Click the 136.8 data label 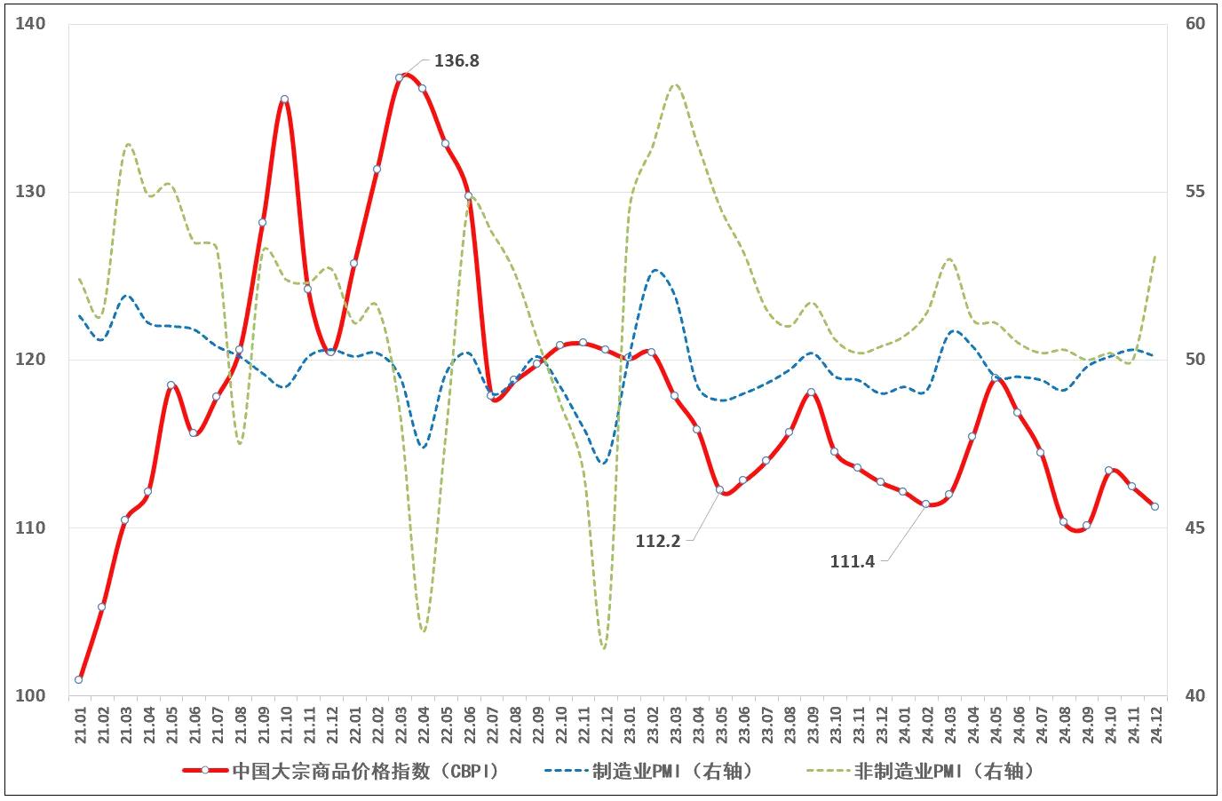click(x=456, y=61)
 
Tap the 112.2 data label click(x=658, y=540)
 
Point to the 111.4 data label click(x=853, y=561)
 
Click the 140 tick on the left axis click(x=30, y=24)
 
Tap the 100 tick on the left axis click(x=30, y=695)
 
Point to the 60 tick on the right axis click(x=1195, y=24)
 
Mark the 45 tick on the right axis click(x=1195, y=528)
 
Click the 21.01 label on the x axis click(x=80, y=725)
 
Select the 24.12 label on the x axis click(x=1155, y=725)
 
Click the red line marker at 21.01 click(x=79, y=679)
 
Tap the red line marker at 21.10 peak click(x=284, y=99)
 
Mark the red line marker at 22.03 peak click(x=400, y=77)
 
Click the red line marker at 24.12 click(x=1155, y=506)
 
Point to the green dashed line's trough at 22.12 click(x=605, y=648)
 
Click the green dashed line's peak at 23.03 click(x=675, y=84)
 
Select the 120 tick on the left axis click(x=30, y=360)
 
